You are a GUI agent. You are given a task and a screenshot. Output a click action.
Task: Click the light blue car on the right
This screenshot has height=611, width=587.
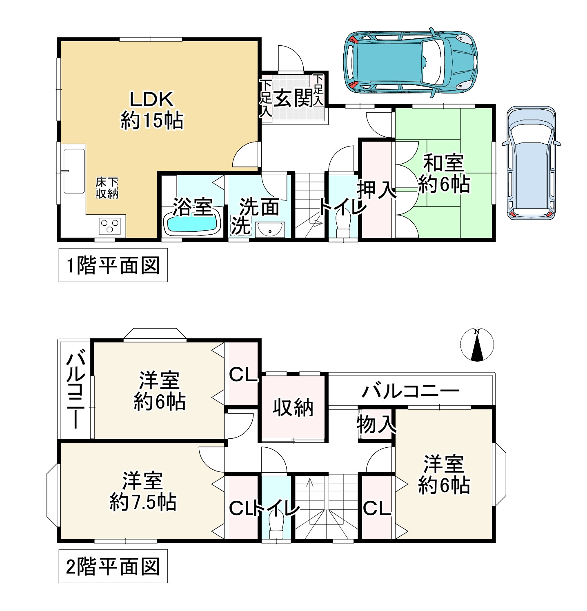531,163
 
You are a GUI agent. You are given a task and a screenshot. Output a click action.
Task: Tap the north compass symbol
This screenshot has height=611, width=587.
477,344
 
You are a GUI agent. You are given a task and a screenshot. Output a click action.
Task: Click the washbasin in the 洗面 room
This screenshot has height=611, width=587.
270,229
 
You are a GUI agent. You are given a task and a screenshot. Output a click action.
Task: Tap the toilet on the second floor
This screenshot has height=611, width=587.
276,526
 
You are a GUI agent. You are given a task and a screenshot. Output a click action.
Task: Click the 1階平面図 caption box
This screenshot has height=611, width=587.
113,265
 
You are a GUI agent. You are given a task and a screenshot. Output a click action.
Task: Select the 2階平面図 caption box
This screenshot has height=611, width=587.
113,566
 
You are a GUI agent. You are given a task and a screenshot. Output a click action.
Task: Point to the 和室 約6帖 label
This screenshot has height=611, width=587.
444,173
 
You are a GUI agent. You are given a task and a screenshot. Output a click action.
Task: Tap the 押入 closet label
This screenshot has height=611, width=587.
376,190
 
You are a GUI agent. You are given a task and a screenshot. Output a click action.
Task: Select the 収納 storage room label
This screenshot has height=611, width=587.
293,407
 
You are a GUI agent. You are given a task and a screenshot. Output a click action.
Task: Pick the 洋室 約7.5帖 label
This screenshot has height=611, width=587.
143,491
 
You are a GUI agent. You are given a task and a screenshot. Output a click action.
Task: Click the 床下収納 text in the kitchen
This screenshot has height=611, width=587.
107,188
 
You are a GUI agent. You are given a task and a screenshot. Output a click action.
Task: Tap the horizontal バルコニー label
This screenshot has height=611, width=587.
411,391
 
